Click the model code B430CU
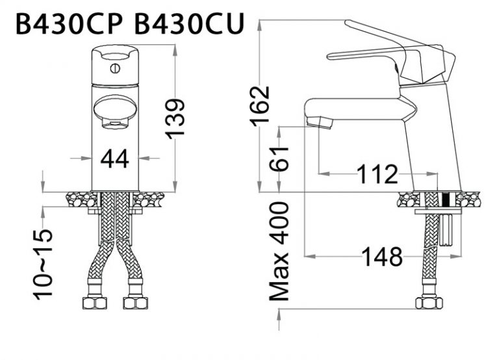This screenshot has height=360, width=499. click(x=189, y=24)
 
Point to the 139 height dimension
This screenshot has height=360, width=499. click(x=175, y=118)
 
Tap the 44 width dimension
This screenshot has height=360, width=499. click(x=115, y=158)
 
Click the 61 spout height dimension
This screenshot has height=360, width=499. click(x=279, y=159)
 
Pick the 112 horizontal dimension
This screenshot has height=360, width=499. click(x=377, y=174)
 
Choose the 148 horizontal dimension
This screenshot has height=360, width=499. click(x=382, y=258)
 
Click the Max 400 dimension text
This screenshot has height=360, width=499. click(x=279, y=251)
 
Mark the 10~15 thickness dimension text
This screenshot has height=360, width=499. click(x=44, y=263)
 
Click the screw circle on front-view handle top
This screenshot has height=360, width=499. click(x=115, y=67)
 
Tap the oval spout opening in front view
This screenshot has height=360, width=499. click(x=114, y=109)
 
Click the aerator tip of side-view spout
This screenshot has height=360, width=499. click(x=319, y=122)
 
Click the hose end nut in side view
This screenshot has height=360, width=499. click(x=429, y=302)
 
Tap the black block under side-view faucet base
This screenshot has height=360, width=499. click(x=446, y=199)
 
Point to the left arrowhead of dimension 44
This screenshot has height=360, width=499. click(x=90, y=158)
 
